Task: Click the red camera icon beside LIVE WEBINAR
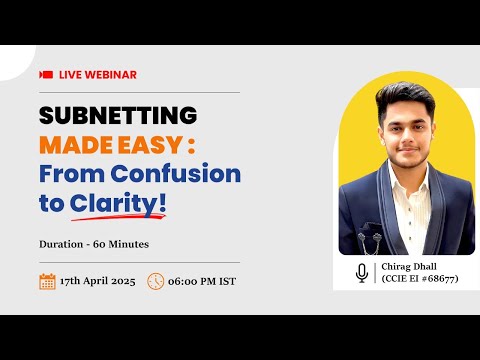pos(46,75)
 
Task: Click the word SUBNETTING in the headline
pos(118,116)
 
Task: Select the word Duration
pos(63,242)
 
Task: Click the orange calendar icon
pos(47,281)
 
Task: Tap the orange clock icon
pos(155,281)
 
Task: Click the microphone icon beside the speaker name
pos(362,272)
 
